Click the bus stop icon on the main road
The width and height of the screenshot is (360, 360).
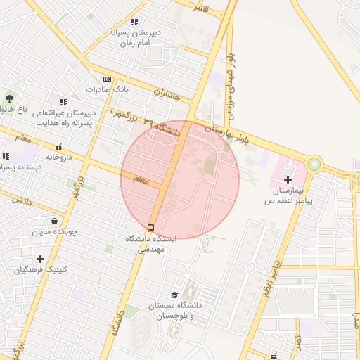[151, 228]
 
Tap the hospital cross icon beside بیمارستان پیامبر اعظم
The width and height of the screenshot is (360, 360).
[287, 180]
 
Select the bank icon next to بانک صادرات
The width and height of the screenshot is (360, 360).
[107, 79]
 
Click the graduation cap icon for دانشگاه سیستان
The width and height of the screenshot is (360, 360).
[174, 295]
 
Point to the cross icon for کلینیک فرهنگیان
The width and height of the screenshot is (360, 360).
[40, 259]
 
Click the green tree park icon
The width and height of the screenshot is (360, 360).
[8, 98]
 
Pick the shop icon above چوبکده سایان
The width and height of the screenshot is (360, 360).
[54, 221]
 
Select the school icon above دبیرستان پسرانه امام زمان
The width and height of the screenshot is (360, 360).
[134, 22]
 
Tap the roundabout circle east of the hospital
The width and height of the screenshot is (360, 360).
[313, 164]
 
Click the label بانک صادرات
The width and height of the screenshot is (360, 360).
[105, 90]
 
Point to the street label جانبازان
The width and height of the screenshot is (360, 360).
[167, 93]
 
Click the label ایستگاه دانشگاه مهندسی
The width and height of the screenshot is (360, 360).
[151, 243]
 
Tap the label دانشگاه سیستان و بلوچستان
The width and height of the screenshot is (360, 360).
[174, 311]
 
